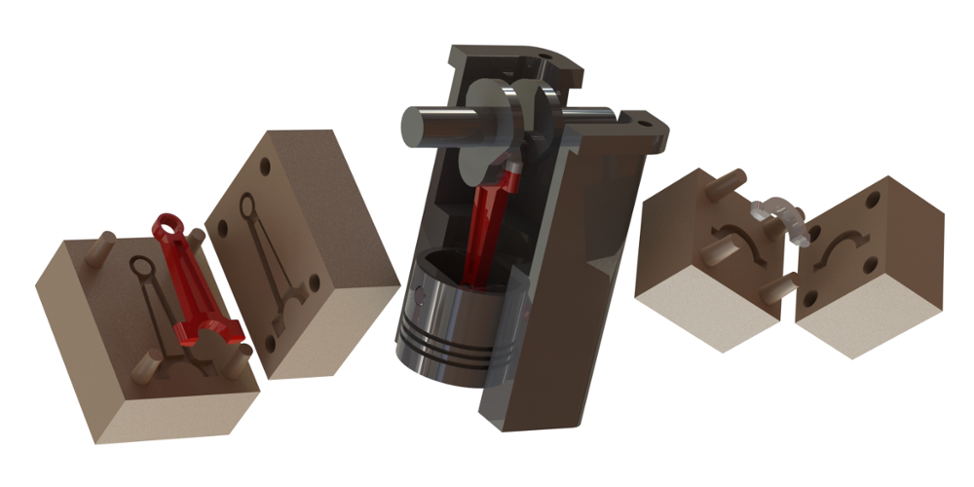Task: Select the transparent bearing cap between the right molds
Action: click(779, 215)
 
